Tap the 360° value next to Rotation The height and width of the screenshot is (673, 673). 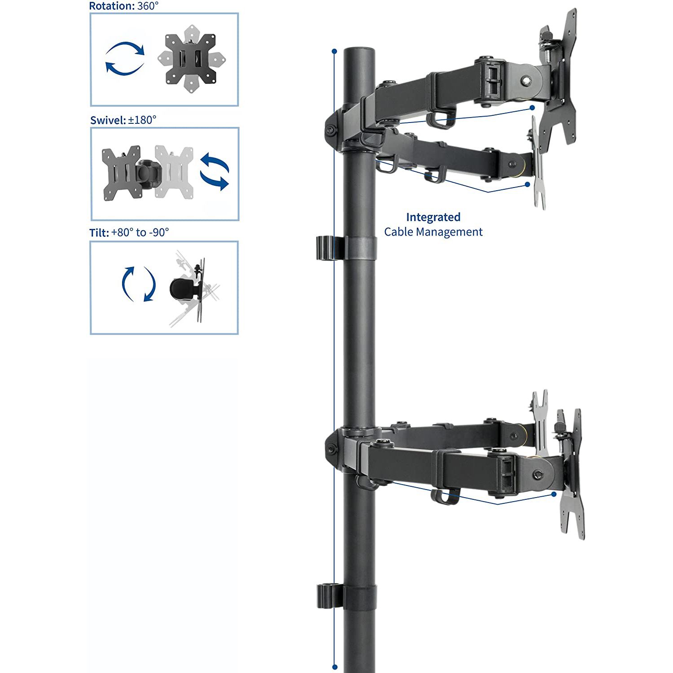tap(148, 6)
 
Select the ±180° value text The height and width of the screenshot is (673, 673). tap(142, 120)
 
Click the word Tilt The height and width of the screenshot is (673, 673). tap(99, 232)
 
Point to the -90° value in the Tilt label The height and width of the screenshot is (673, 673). tap(159, 232)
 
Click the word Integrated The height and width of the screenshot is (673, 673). tap(433, 217)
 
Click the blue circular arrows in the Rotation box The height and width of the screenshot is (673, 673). tap(125, 59)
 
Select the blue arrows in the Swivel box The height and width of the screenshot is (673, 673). tap(214, 171)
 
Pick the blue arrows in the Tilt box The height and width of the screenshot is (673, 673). tap(139, 284)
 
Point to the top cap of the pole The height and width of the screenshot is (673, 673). tap(359, 50)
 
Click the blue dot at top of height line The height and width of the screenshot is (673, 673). tap(334, 51)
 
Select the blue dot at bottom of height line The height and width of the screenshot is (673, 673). tap(335, 667)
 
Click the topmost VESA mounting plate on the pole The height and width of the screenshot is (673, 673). tap(559, 76)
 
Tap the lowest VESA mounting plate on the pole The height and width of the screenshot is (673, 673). tap(572, 476)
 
